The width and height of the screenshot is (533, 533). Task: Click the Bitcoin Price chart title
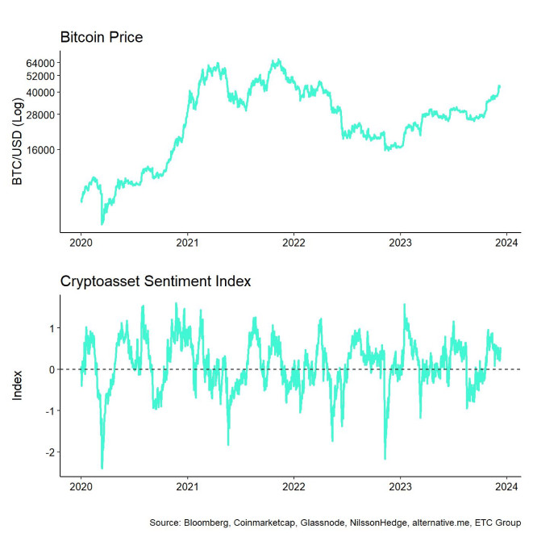(101, 38)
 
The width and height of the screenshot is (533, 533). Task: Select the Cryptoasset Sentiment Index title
(156, 281)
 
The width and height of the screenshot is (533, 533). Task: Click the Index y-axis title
(18, 384)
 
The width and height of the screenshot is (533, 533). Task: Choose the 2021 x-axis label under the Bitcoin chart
(187, 242)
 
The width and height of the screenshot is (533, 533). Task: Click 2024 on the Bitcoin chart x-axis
(506, 242)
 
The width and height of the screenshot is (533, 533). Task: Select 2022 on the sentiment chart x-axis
(294, 488)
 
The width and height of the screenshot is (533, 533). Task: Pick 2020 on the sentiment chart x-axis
(81, 488)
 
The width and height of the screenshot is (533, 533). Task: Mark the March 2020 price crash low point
(102, 223)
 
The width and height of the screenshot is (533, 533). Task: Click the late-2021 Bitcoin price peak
(277, 60)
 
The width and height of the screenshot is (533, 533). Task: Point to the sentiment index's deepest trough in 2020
(102, 468)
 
